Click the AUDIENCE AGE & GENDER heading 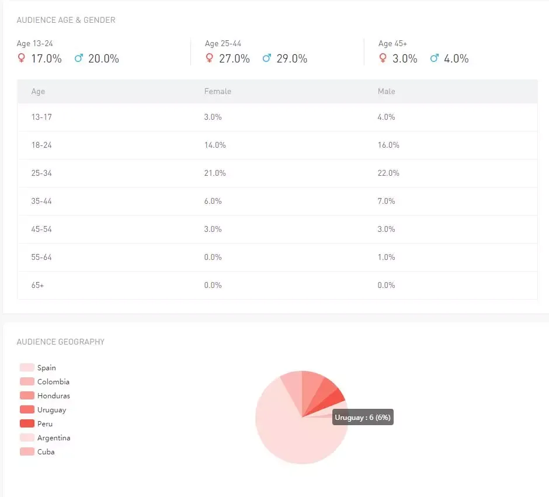66,20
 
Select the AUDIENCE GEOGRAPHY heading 61,342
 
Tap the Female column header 218,91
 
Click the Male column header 387,91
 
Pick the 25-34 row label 41,173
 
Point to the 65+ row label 37,285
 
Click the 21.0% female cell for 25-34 215,173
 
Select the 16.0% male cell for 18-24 388,145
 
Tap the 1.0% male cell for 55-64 387,257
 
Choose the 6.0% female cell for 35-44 213,201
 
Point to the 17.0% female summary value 47,58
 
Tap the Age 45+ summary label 392,43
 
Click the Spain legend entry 47,368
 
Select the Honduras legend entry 54,396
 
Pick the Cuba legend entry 46,452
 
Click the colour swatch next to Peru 27,424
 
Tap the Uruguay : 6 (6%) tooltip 363,418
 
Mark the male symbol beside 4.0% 435,58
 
